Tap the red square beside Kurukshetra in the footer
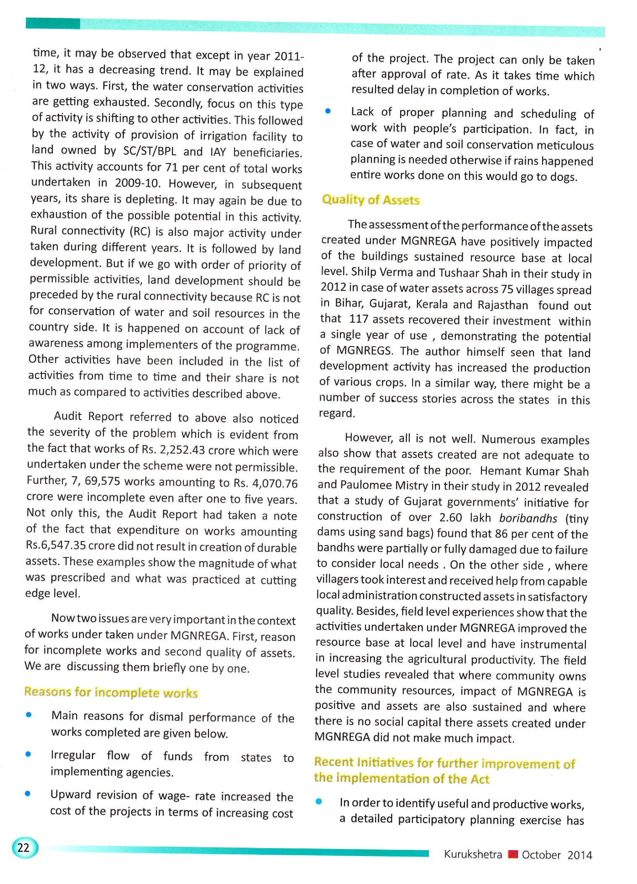pyautogui.click(x=513, y=854)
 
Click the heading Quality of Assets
pyautogui.click(x=371, y=200)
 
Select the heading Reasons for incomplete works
pyautogui.click(x=111, y=692)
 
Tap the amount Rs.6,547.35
pyautogui.click(x=56, y=545)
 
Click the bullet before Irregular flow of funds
pyautogui.click(x=28, y=754)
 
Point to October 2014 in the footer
pyautogui.click(x=556, y=855)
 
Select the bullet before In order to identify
pyautogui.click(x=319, y=801)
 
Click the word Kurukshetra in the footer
pyautogui.click(x=473, y=854)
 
